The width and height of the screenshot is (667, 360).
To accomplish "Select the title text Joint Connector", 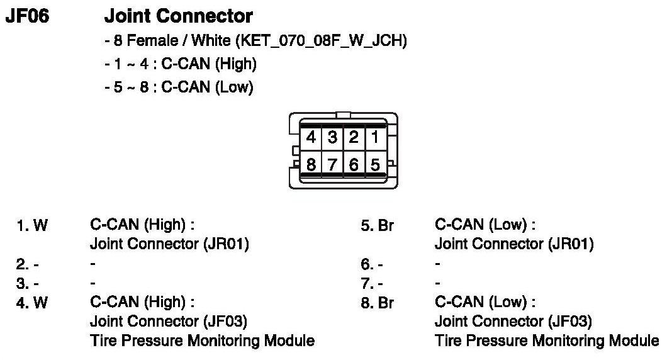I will [178, 16].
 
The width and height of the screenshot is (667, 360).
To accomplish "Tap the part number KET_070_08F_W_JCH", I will [321, 42].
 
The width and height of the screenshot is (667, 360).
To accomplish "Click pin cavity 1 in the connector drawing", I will [375, 137].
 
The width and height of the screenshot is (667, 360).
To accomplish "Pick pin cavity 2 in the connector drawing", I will [354, 137].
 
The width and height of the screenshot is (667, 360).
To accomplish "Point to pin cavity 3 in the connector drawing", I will [332, 137].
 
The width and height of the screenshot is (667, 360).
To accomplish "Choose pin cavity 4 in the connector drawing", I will [311, 137].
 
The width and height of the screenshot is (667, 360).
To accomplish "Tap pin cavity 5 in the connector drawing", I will [375, 166].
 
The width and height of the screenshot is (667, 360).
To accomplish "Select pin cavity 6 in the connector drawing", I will [354, 166].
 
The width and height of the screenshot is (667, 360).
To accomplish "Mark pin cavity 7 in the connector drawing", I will [332, 166].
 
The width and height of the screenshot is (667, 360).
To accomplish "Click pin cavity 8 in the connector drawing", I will [311, 166].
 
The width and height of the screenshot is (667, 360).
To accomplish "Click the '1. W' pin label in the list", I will [32, 225].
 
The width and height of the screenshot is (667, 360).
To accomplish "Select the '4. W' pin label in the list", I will [32, 303].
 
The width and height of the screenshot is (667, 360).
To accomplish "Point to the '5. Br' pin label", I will [377, 225].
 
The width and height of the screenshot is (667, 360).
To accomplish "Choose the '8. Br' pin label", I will [377, 303].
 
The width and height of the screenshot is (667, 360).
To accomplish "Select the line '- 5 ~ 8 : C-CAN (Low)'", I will [179, 88].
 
